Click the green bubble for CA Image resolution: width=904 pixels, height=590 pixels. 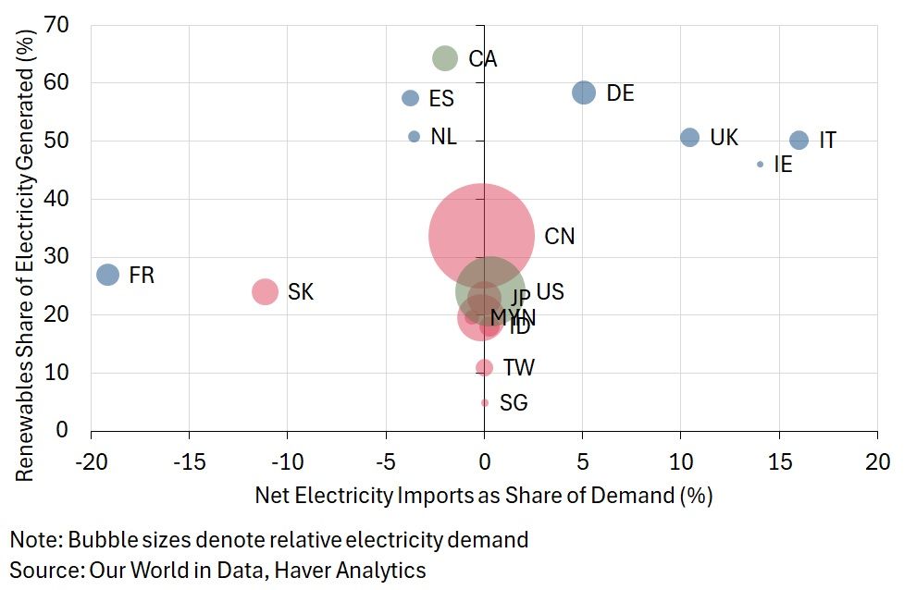pos(445,58)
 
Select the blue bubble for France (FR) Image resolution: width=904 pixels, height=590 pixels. pos(108,275)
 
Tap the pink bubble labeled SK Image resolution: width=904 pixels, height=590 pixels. pos(265,291)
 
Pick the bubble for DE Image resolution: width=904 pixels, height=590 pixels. pos(584,92)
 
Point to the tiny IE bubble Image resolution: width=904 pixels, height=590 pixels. pos(761,165)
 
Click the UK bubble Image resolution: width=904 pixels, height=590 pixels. pos(689,138)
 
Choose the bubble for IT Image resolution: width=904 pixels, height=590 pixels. pos(799,141)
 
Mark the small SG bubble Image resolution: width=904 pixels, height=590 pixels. pos(485,403)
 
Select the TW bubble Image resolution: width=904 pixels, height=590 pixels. pos(484,368)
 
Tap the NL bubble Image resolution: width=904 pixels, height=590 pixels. pos(414,137)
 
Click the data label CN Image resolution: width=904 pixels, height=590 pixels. pos(560,237)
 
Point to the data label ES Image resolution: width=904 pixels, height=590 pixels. pos(441,99)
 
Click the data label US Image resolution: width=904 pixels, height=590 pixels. pos(550,292)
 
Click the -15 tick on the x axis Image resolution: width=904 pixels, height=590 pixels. pos(189,461)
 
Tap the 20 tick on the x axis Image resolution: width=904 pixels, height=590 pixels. pos(877,461)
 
